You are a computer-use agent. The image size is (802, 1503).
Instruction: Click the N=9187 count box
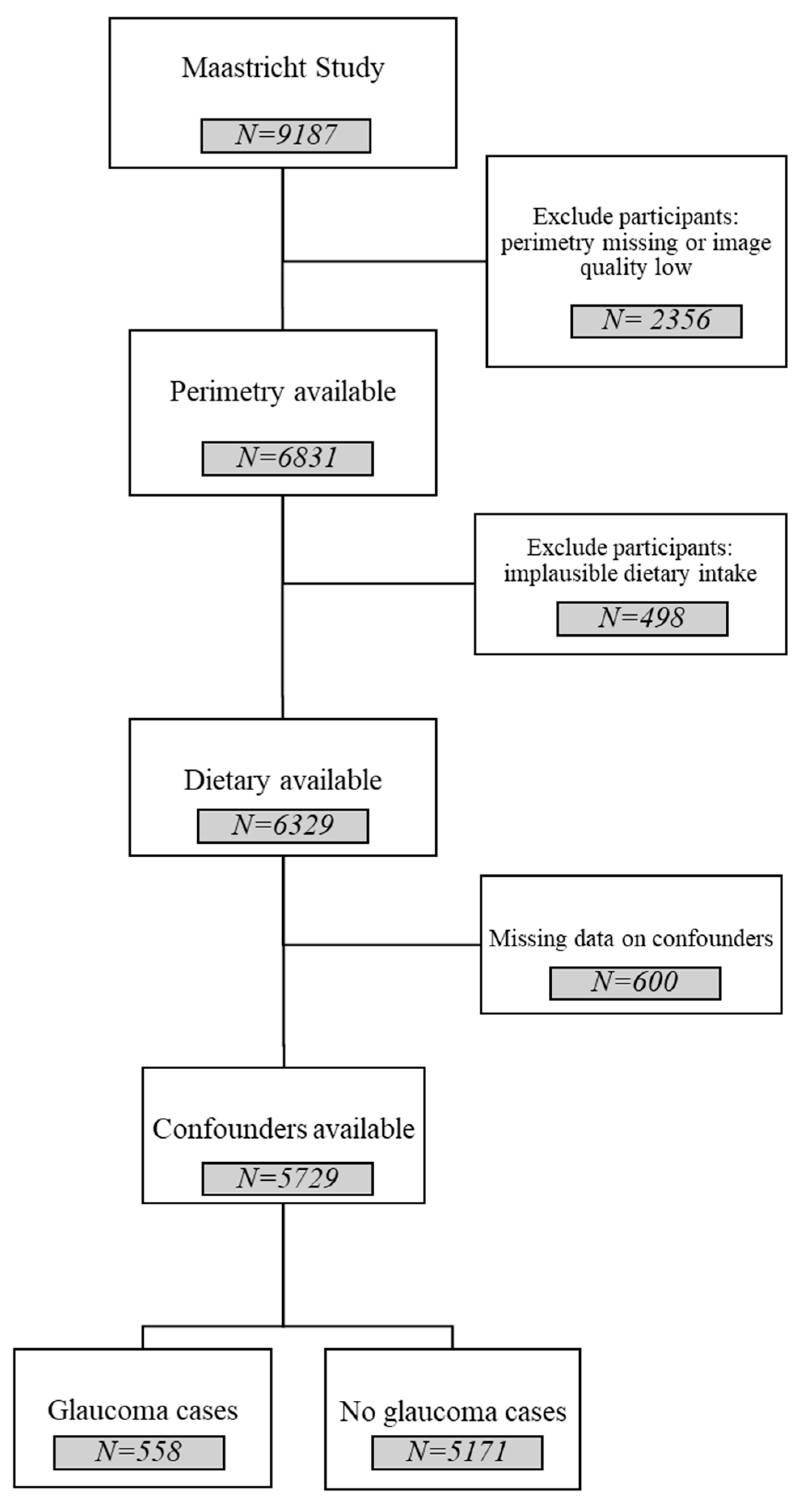point(286,136)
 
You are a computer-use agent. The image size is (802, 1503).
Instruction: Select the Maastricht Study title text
point(283,68)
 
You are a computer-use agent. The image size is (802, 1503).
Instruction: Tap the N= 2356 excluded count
point(656,321)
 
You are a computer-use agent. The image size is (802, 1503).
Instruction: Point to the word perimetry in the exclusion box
point(548,243)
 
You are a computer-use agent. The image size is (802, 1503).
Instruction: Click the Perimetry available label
point(283,391)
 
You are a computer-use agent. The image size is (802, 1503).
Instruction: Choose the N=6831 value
point(287,458)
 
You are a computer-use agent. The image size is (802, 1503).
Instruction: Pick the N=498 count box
point(642,619)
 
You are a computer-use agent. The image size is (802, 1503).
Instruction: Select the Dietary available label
point(283,780)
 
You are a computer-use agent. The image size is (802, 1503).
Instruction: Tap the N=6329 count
point(283,825)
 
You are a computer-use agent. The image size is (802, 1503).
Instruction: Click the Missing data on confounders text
point(631,938)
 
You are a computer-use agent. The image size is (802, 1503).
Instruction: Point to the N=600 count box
point(635,983)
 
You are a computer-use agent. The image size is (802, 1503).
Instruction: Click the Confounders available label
point(284,1129)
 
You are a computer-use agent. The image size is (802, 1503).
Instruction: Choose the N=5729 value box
point(287,1179)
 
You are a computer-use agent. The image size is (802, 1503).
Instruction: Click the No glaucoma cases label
point(453,1411)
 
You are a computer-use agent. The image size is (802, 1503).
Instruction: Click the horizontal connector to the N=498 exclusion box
point(378,583)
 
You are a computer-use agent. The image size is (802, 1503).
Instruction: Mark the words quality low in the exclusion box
point(636,268)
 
